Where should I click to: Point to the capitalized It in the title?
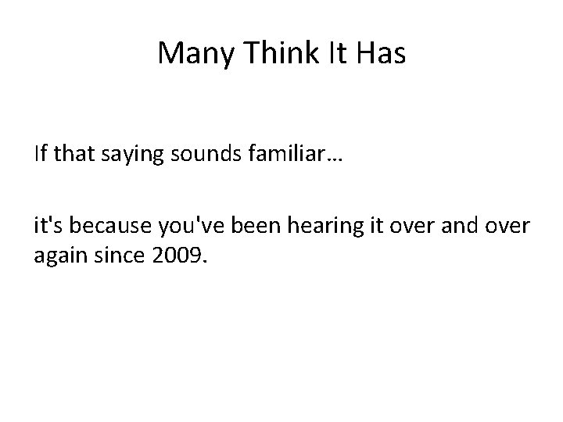click(x=332, y=53)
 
